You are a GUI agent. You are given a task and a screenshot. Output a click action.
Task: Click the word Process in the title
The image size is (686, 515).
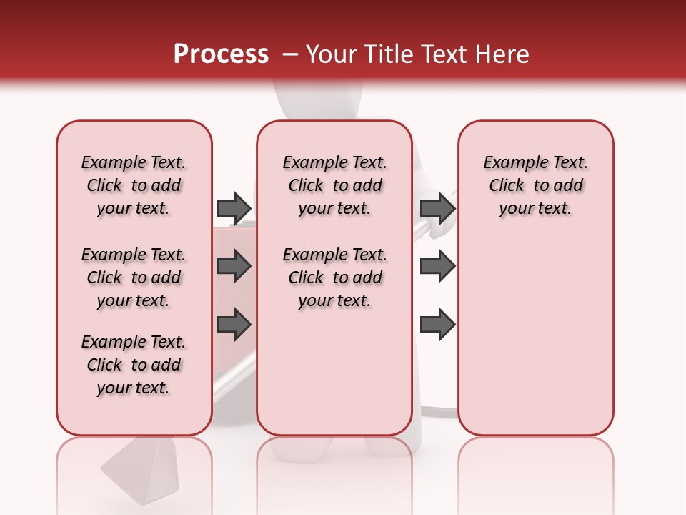[221, 54]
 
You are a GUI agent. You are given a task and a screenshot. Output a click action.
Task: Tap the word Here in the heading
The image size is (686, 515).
[504, 54]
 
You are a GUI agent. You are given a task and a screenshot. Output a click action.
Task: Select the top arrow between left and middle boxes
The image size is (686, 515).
[234, 208]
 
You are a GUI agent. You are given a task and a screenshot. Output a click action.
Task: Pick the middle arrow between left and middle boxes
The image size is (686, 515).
[234, 267]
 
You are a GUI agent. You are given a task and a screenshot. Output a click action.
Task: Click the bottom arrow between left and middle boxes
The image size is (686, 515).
[234, 325]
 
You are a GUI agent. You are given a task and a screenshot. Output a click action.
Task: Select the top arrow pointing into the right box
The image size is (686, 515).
[438, 208]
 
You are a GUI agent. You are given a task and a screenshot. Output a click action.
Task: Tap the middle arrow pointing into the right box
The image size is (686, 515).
[438, 267]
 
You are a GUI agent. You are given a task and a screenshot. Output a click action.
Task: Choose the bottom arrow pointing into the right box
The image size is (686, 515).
[438, 325]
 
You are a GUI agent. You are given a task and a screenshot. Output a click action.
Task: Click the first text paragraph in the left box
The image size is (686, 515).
[134, 185]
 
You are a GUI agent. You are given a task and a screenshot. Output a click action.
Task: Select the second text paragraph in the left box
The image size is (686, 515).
[134, 278]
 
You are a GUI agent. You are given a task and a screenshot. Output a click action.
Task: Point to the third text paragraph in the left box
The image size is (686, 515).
[134, 365]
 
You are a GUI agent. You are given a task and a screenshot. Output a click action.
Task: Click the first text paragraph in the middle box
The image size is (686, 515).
[334, 185]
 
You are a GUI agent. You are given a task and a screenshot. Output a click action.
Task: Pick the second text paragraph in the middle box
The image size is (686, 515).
[334, 278]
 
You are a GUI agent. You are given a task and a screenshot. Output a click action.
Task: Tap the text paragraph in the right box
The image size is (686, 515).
[535, 185]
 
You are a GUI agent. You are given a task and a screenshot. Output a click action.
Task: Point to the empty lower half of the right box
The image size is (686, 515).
[535, 343]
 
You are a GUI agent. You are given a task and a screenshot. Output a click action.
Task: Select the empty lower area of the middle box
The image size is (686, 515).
[334, 372]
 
